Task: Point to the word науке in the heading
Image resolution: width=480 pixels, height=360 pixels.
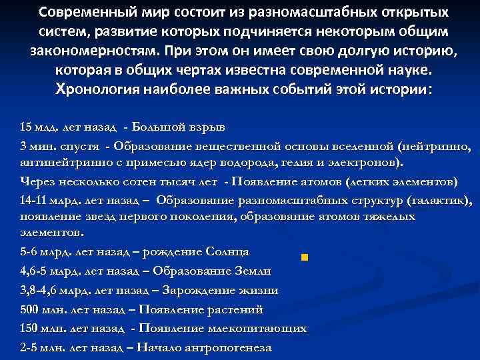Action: [x=412, y=70]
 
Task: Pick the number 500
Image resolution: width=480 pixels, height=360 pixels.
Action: [x=29, y=309]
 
